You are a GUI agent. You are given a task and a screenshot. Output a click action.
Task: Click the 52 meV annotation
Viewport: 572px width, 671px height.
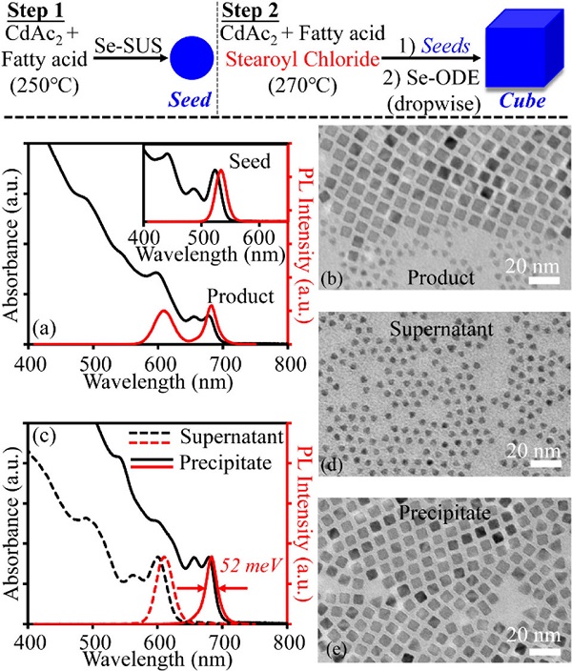(250, 564)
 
